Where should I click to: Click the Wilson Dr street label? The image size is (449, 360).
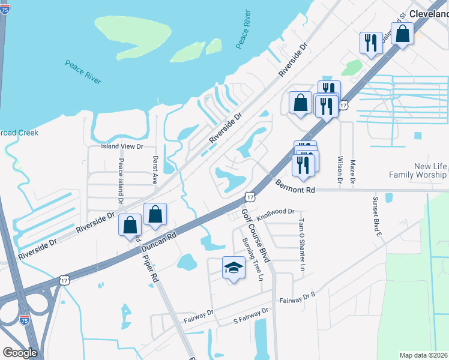340,170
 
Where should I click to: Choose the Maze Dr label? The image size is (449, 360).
353,172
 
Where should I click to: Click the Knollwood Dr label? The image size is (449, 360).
276,212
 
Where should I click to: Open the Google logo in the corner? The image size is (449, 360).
19,353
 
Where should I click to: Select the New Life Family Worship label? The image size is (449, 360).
418,170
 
